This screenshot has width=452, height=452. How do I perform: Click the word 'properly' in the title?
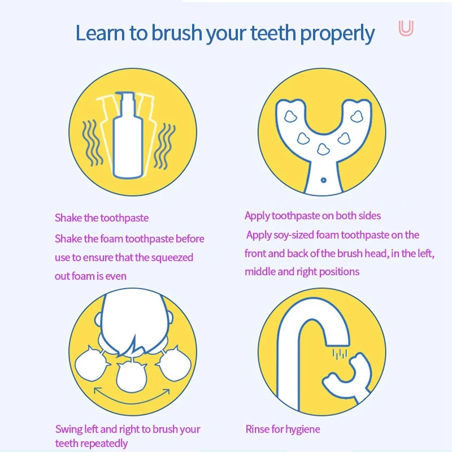[x=337, y=34]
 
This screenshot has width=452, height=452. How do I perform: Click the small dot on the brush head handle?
[x=323, y=180]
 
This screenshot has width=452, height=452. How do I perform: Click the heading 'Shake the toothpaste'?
[x=102, y=218]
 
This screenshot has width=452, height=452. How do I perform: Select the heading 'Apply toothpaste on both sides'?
[x=312, y=215]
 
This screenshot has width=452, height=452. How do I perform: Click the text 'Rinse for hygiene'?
[x=282, y=429]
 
